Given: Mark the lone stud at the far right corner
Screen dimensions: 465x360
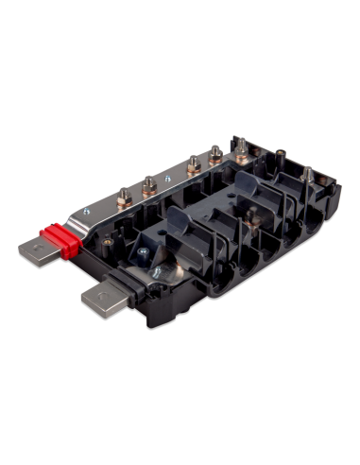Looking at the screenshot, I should pos(307,175).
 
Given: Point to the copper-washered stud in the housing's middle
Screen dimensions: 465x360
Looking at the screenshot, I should pos(249,214).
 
